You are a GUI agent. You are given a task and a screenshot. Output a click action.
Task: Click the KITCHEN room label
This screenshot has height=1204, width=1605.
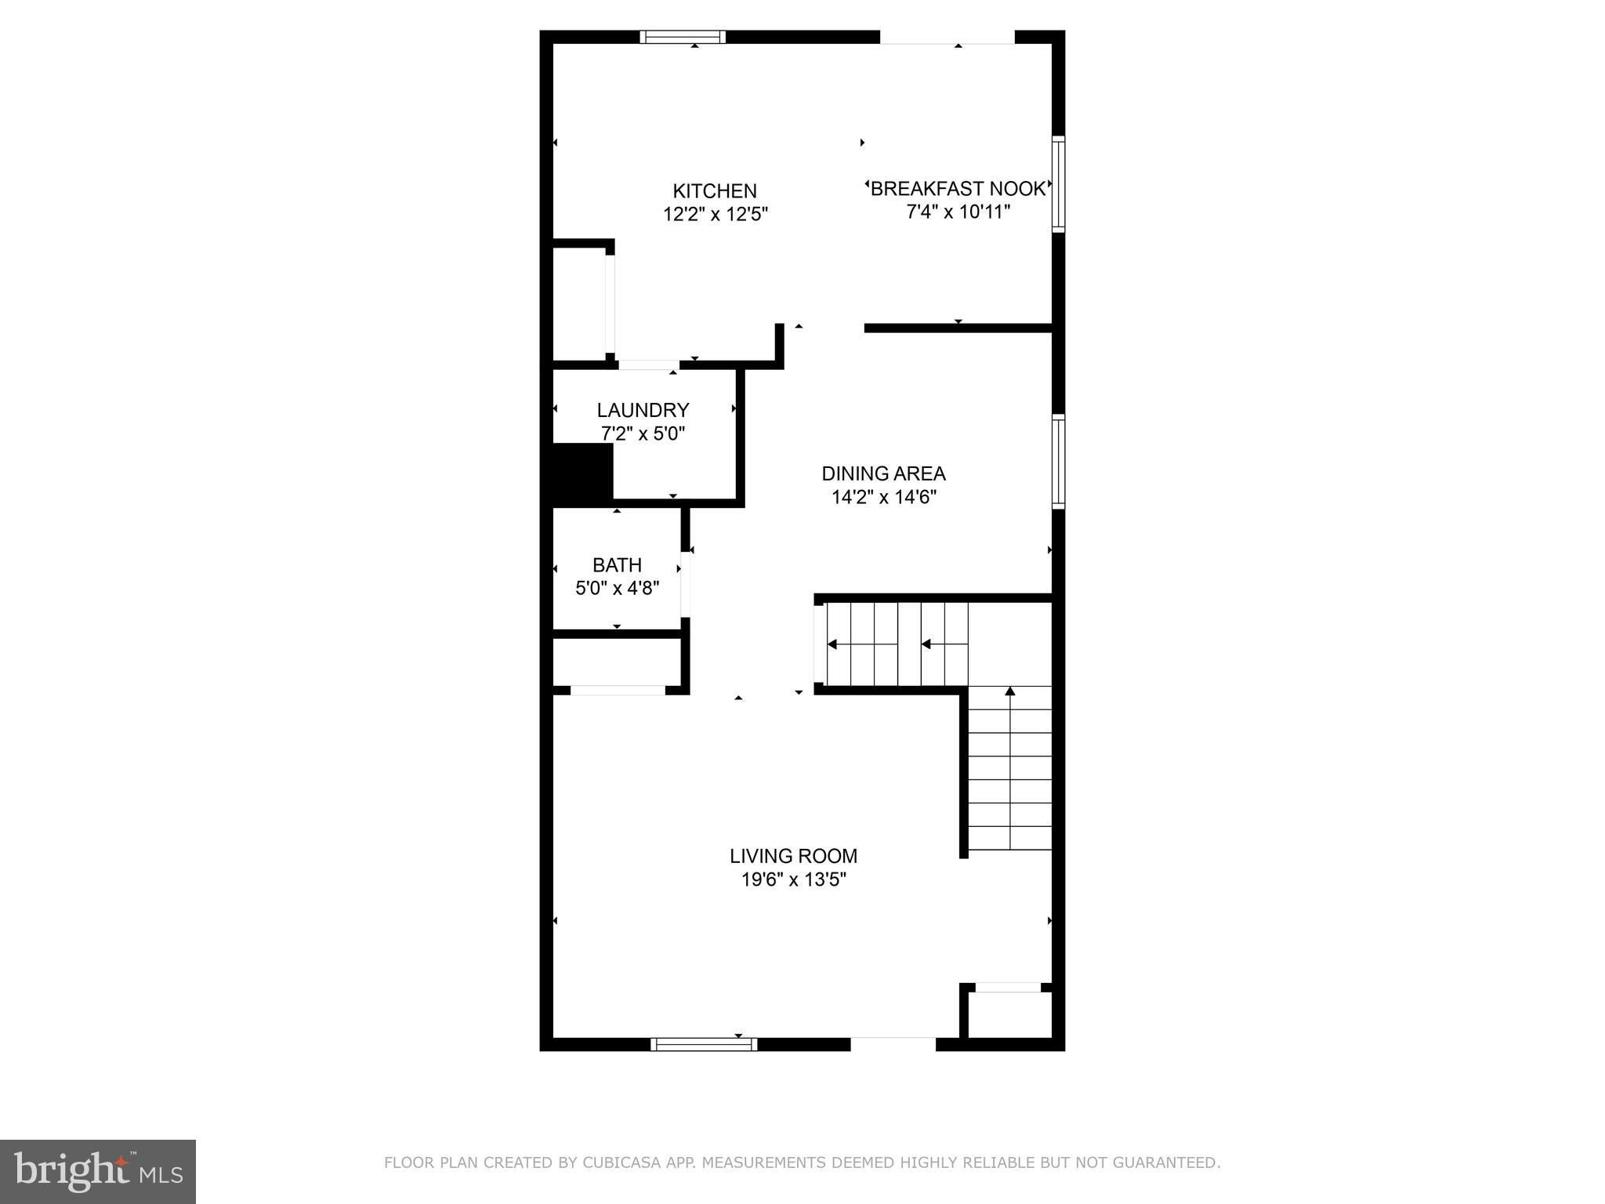(714, 190)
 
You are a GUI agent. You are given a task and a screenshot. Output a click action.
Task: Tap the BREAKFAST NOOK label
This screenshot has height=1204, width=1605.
(958, 188)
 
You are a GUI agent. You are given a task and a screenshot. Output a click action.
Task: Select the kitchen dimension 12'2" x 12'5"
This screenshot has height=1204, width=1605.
(715, 214)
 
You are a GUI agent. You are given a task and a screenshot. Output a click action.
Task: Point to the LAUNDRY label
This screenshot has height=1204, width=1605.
(643, 410)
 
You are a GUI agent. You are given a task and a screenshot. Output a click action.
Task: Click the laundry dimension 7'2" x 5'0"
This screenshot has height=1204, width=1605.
(643, 433)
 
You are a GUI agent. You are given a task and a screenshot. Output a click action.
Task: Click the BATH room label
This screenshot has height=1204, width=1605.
(617, 565)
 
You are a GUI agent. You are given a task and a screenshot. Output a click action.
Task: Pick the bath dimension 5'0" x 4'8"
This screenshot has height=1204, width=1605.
(617, 588)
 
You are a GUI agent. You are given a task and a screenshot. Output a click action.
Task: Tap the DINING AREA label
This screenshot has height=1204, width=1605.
(883, 473)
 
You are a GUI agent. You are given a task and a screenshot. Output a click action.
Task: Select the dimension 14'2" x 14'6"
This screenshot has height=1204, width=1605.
(883, 497)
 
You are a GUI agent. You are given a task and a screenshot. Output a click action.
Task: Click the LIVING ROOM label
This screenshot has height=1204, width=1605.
(793, 856)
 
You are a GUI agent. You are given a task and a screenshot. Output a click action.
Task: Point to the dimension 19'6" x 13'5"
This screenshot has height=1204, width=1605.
(793, 879)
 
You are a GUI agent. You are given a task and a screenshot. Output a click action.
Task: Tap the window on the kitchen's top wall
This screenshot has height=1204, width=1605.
(682, 37)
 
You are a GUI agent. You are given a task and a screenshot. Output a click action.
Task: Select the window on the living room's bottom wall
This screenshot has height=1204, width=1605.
(704, 1044)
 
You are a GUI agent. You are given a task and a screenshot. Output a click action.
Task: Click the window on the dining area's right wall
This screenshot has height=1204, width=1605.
(1058, 462)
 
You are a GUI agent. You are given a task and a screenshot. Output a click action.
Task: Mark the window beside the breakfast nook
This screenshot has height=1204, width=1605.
(1058, 183)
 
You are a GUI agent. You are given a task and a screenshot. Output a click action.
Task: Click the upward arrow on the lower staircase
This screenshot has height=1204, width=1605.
(1010, 692)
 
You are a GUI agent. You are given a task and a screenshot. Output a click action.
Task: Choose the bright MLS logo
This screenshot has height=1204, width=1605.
(97, 1171)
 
